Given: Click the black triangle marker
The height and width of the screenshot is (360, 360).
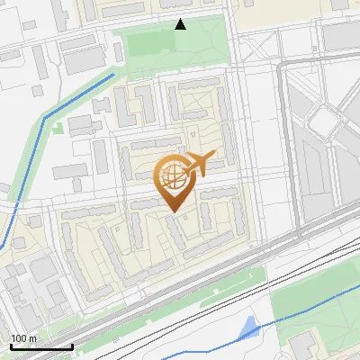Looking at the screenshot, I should click(x=181, y=24).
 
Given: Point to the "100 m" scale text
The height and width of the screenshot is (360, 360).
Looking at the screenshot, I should click(x=22, y=337).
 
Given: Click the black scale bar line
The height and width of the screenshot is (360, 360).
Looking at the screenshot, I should click(x=40, y=346).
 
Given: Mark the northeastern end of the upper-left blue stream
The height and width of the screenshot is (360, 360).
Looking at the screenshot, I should click(x=114, y=75).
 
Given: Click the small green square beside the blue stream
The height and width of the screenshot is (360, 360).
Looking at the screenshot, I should click(x=58, y=127).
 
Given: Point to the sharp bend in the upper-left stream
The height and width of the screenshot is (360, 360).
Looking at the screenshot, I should click(x=46, y=117).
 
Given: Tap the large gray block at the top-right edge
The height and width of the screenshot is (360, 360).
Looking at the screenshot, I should click(x=342, y=36).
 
